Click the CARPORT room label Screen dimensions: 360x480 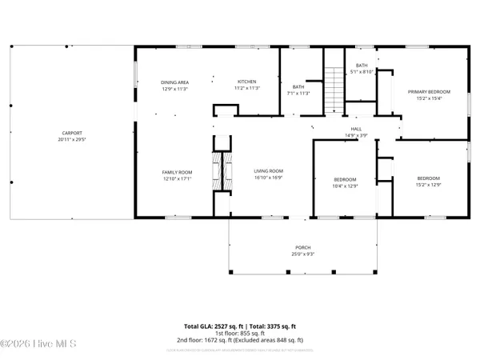(x=72, y=133)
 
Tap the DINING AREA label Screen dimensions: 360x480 (x=175, y=82)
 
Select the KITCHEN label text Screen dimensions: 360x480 (x=245, y=82)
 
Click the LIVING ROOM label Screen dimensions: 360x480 (x=269, y=171)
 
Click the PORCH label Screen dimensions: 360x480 (x=302, y=248)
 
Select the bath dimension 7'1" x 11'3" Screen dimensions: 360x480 (x=298, y=93)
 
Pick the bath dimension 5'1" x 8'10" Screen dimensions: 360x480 (x=362, y=72)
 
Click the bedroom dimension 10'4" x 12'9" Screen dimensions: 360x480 (x=345, y=186)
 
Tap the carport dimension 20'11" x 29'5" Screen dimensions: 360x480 (x=72, y=139)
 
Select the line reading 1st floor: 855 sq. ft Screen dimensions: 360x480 (x=240, y=334)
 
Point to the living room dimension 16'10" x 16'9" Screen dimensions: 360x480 (x=269, y=178)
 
